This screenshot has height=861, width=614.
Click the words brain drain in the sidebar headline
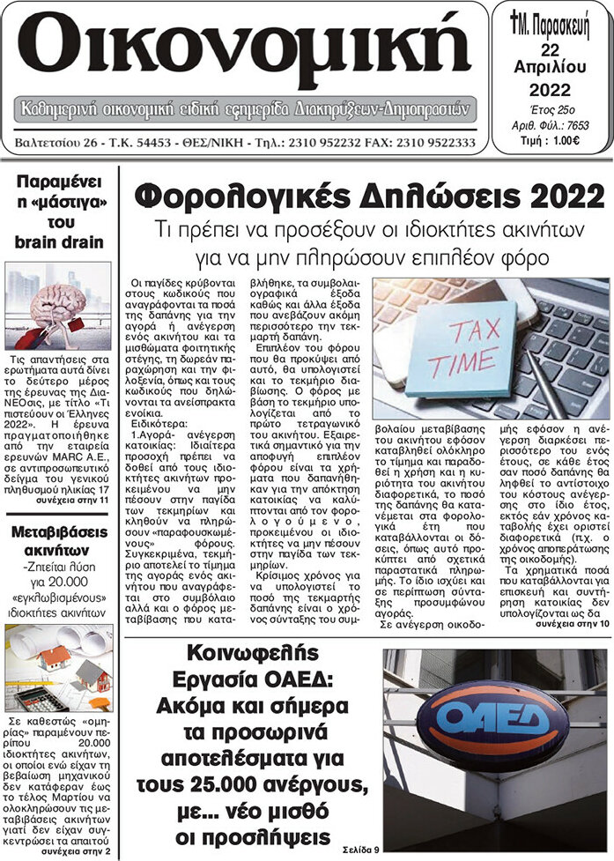pos(59,242)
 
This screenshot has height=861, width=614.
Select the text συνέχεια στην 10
pos(573,648)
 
